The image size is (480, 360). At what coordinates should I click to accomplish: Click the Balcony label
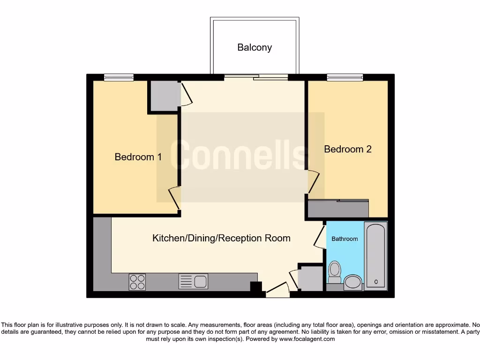click(255, 47)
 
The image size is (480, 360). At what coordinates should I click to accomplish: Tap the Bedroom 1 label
click(138, 157)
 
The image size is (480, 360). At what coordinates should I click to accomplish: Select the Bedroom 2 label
click(348, 149)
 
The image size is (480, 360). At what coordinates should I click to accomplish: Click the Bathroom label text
click(345, 239)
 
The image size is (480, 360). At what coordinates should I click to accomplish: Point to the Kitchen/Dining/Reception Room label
click(221, 238)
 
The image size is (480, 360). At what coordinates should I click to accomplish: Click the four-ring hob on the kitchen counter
click(137, 282)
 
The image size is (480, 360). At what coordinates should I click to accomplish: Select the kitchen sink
click(193, 281)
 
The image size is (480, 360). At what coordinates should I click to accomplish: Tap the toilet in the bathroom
click(335, 271)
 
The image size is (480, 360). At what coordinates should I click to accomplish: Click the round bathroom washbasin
click(352, 282)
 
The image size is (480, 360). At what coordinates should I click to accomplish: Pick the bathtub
click(375, 256)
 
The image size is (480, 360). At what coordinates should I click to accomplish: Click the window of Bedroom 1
click(119, 77)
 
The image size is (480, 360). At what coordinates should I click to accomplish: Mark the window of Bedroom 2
click(345, 77)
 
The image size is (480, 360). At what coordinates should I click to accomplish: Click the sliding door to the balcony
click(255, 77)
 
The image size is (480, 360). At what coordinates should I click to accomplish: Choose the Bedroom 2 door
click(313, 183)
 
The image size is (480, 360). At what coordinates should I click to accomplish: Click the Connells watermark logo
click(240, 155)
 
